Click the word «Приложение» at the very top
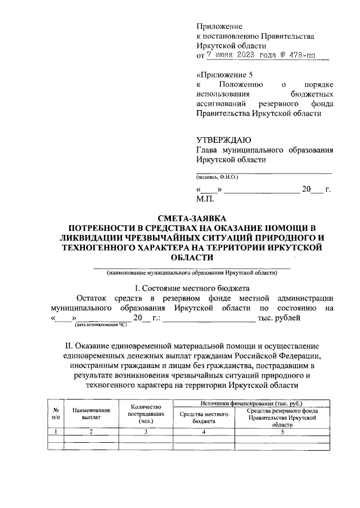tap(219, 26)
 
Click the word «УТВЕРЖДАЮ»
tap(223, 140)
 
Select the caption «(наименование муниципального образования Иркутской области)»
tap(192, 273)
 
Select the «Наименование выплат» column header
tap(91, 414)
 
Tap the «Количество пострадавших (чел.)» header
tap(146, 414)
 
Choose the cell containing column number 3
tap(146, 432)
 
